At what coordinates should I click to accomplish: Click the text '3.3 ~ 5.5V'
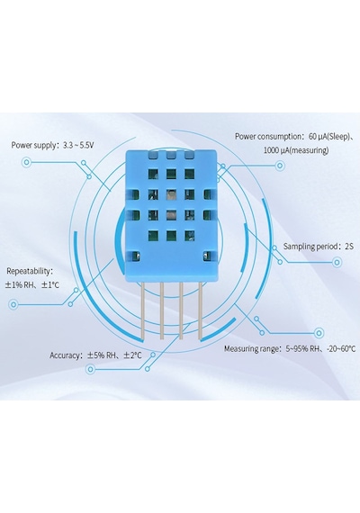(78, 145)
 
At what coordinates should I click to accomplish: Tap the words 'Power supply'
(33, 145)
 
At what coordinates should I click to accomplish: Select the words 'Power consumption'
(267, 137)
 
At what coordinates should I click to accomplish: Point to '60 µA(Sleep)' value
(329, 137)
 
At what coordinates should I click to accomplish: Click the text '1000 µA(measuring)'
(296, 150)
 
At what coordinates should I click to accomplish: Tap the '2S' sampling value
(349, 247)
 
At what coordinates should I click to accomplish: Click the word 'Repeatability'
(28, 271)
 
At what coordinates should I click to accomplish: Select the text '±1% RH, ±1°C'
(32, 285)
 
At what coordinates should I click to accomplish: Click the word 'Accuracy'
(65, 355)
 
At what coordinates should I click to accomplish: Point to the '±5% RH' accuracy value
(101, 355)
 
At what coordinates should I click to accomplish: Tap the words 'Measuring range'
(251, 349)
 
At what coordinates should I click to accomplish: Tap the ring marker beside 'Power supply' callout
(26, 162)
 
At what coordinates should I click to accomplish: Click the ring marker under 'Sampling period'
(337, 262)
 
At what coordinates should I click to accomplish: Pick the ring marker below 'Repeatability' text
(13, 304)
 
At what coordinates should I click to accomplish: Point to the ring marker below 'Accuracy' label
(90, 369)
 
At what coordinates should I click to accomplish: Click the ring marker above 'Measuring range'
(319, 333)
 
